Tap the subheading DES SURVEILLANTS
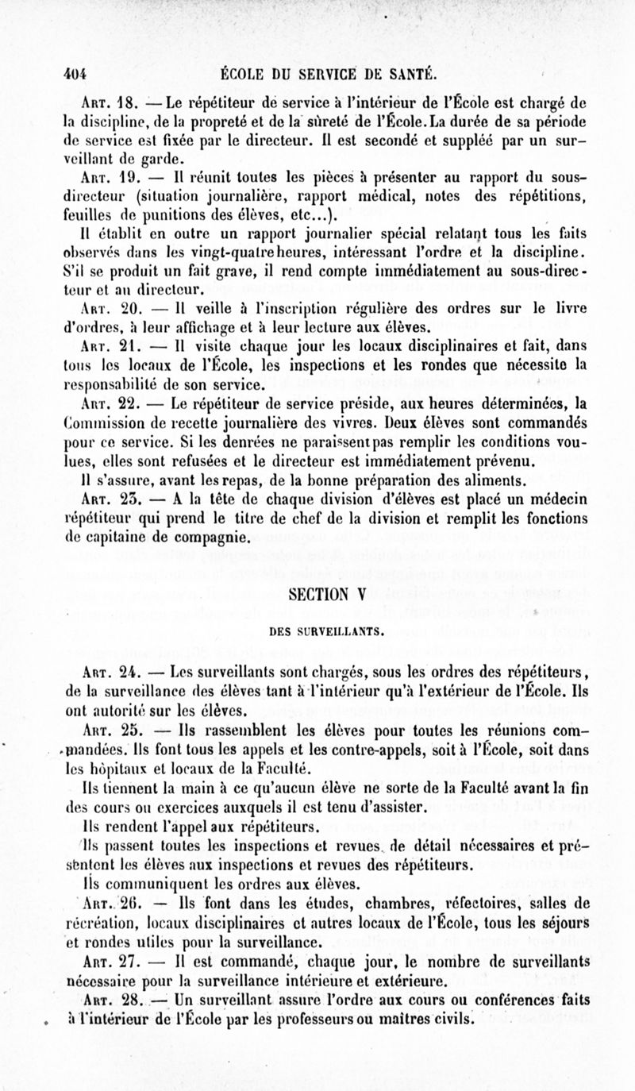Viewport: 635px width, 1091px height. click(x=317, y=632)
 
